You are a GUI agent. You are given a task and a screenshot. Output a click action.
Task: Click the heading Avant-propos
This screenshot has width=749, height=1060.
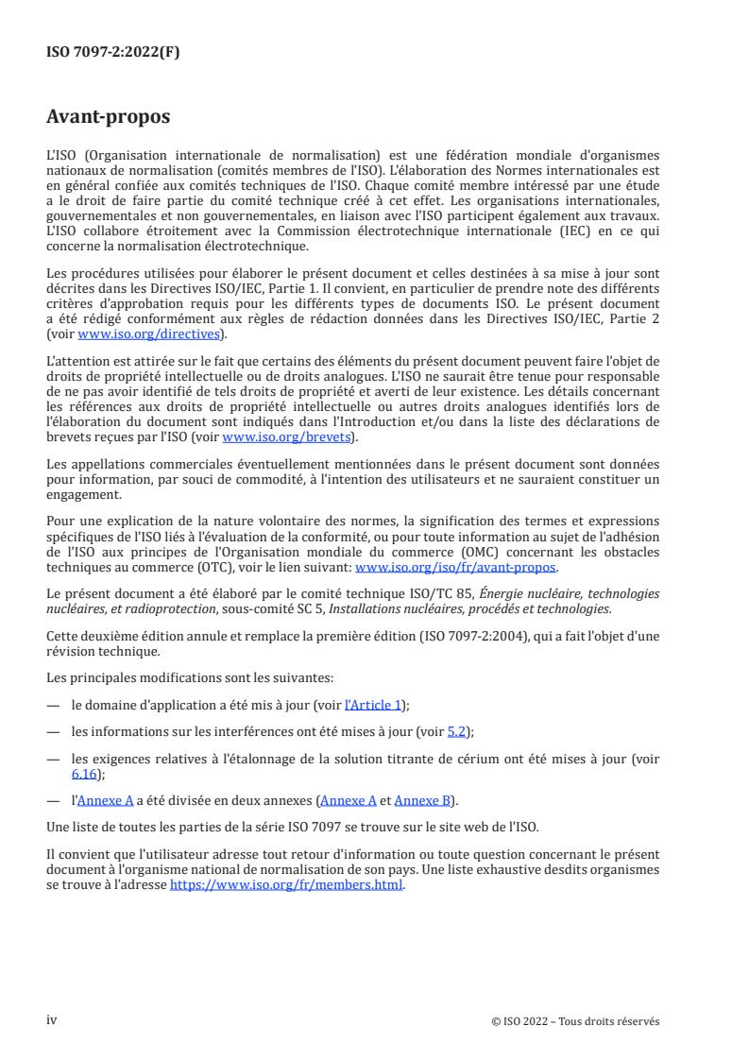click(109, 118)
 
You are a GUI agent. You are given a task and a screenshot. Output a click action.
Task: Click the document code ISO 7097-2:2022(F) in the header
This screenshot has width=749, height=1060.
click(112, 52)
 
